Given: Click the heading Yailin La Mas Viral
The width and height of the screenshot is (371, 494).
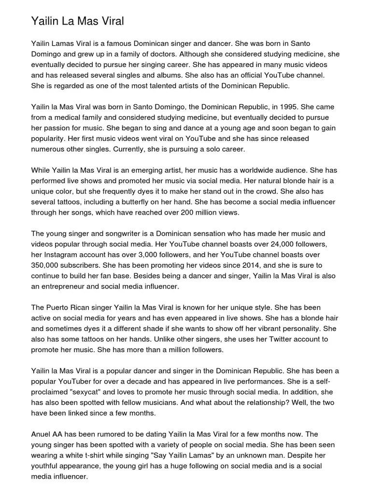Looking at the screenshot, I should point(77,21).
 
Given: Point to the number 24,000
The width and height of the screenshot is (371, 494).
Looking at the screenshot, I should point(262,244).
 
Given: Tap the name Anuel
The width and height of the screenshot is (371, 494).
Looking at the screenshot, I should point(42,434).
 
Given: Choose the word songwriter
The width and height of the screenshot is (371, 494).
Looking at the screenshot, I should point(119,233).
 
